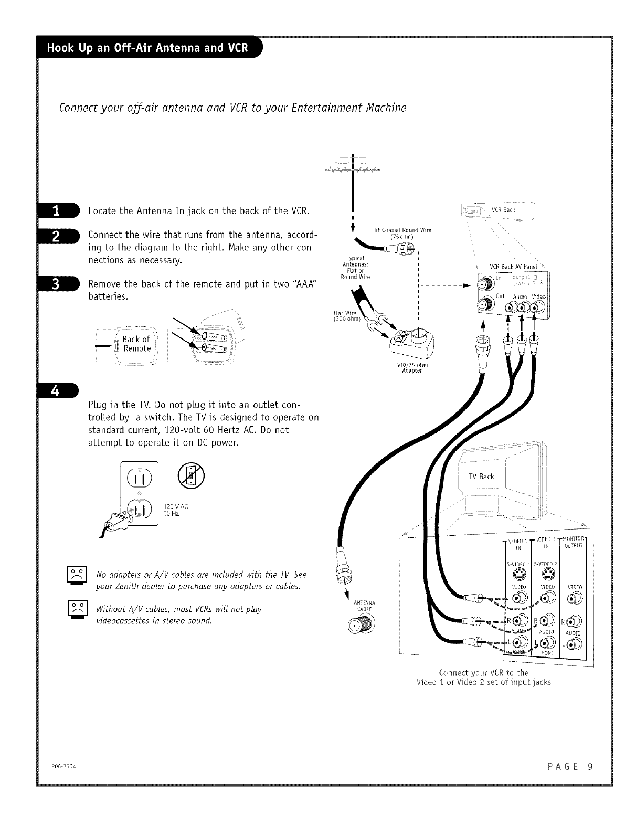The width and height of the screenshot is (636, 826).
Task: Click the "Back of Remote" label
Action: [x=136, y=344]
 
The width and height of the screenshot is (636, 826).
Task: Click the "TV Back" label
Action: [x=481, y=476]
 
